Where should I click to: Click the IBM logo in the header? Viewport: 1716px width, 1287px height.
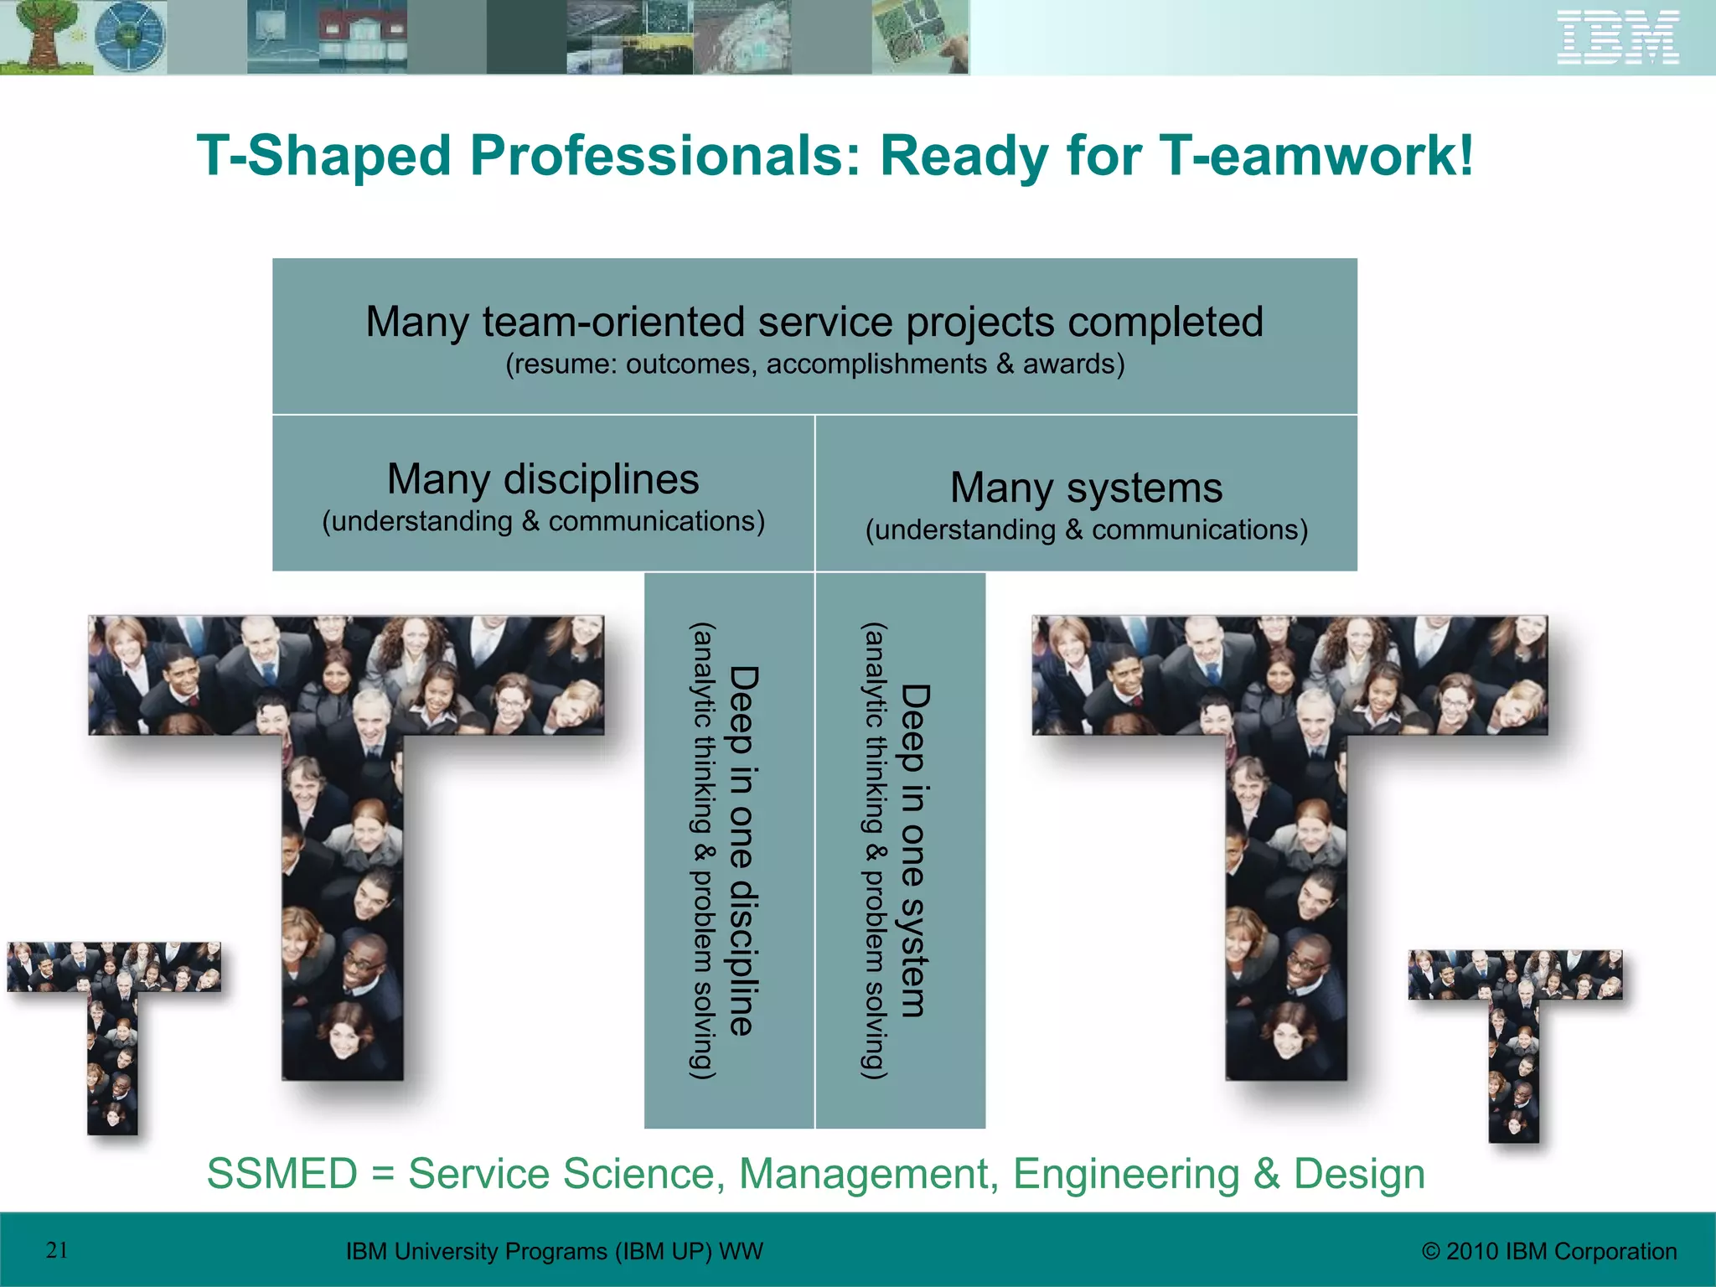(x=1617, y=37)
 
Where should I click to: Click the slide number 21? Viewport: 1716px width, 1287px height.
(x=57, y=1250)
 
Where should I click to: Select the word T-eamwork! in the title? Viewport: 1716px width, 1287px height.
(x=1315, y=156)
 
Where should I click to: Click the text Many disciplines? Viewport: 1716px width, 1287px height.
(x=543, y=480)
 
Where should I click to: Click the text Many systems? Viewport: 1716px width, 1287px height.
(x=1086, y=488)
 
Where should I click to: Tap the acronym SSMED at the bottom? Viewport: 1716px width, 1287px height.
(x=282, y=1173)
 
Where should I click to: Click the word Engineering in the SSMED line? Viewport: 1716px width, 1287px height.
(x=1125, y=1173)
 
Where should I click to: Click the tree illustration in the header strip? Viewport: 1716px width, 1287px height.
(x=42, y=37)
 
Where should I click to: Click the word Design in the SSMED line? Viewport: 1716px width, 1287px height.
(x=1359, y=1173)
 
